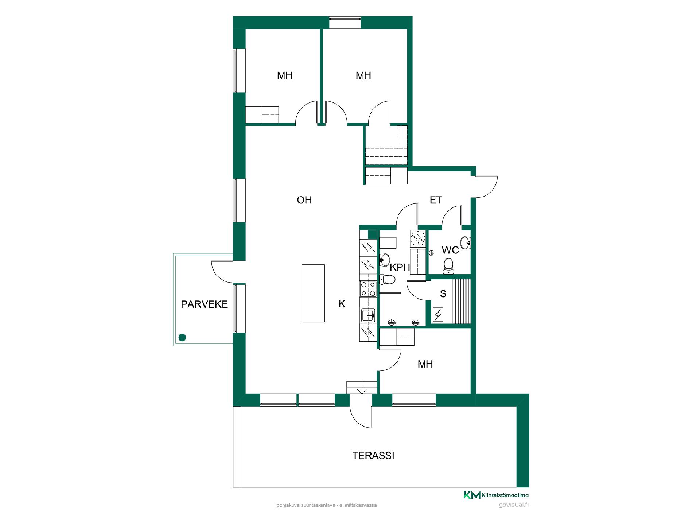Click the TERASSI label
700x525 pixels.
point(373,456)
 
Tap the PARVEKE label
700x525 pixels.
point(204,304)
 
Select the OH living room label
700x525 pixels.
point(304,200)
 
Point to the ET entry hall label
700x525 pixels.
point(436,200)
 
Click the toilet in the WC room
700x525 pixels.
point(448,266)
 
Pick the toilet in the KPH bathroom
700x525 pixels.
point(387,279)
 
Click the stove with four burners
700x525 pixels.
point(368,289)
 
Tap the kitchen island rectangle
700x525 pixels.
point(313,293)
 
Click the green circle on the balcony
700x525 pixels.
point(182,338)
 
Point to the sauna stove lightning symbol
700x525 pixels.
point(438,314)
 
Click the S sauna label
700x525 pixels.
point(443,294)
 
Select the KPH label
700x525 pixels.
point(400,267)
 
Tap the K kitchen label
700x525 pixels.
point(342,304)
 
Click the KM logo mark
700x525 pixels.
point(472,495)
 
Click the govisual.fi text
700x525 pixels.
point(513,505)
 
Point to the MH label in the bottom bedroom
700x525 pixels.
point(425,364)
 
